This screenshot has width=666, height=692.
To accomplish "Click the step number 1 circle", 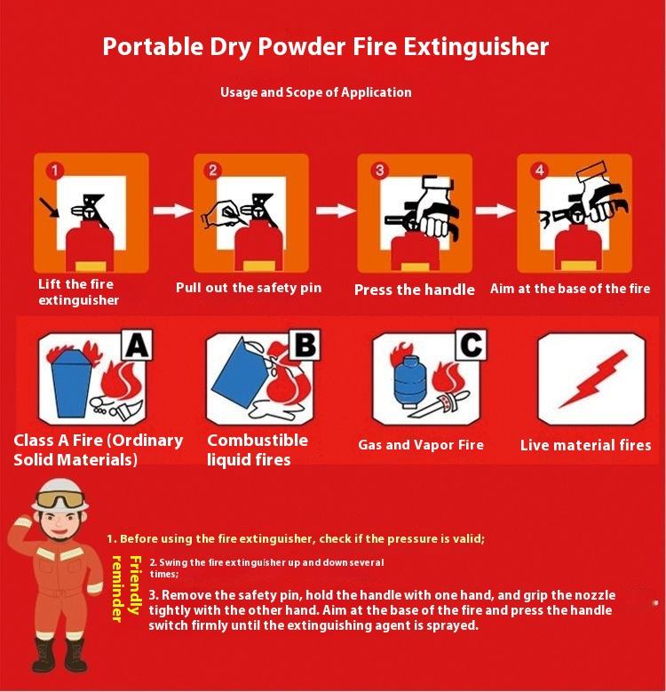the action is (x=55, y=171).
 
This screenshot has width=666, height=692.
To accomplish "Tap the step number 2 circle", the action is (x=213, y=171).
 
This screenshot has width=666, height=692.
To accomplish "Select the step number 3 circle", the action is (x=379, y=171).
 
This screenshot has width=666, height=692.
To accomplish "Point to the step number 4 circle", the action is (x=539, y=171).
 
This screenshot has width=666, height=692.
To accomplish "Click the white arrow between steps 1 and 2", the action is (x=172, y=210).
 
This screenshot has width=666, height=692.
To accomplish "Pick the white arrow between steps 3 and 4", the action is (x=495, y=210).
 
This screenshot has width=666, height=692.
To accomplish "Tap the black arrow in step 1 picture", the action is (x=49, y=208).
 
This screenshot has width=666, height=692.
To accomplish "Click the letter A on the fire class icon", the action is (x=137, y=345).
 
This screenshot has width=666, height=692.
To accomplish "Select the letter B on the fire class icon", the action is (x=305, y=345).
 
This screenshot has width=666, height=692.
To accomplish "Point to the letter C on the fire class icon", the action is (x=471, y=345).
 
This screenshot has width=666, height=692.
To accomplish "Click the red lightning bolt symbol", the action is (x=592, y=378).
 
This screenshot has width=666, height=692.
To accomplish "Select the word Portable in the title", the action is (x=153, y=47).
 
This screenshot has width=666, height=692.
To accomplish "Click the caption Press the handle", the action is (x=414, y=290).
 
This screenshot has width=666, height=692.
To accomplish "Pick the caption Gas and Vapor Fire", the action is (x=421, y=445).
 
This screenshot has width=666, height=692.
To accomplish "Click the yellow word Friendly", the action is (x=134, y=585).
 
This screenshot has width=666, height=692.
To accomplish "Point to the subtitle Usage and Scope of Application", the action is (x=316, y=92).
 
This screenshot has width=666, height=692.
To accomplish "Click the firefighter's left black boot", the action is (x=44, y=655).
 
